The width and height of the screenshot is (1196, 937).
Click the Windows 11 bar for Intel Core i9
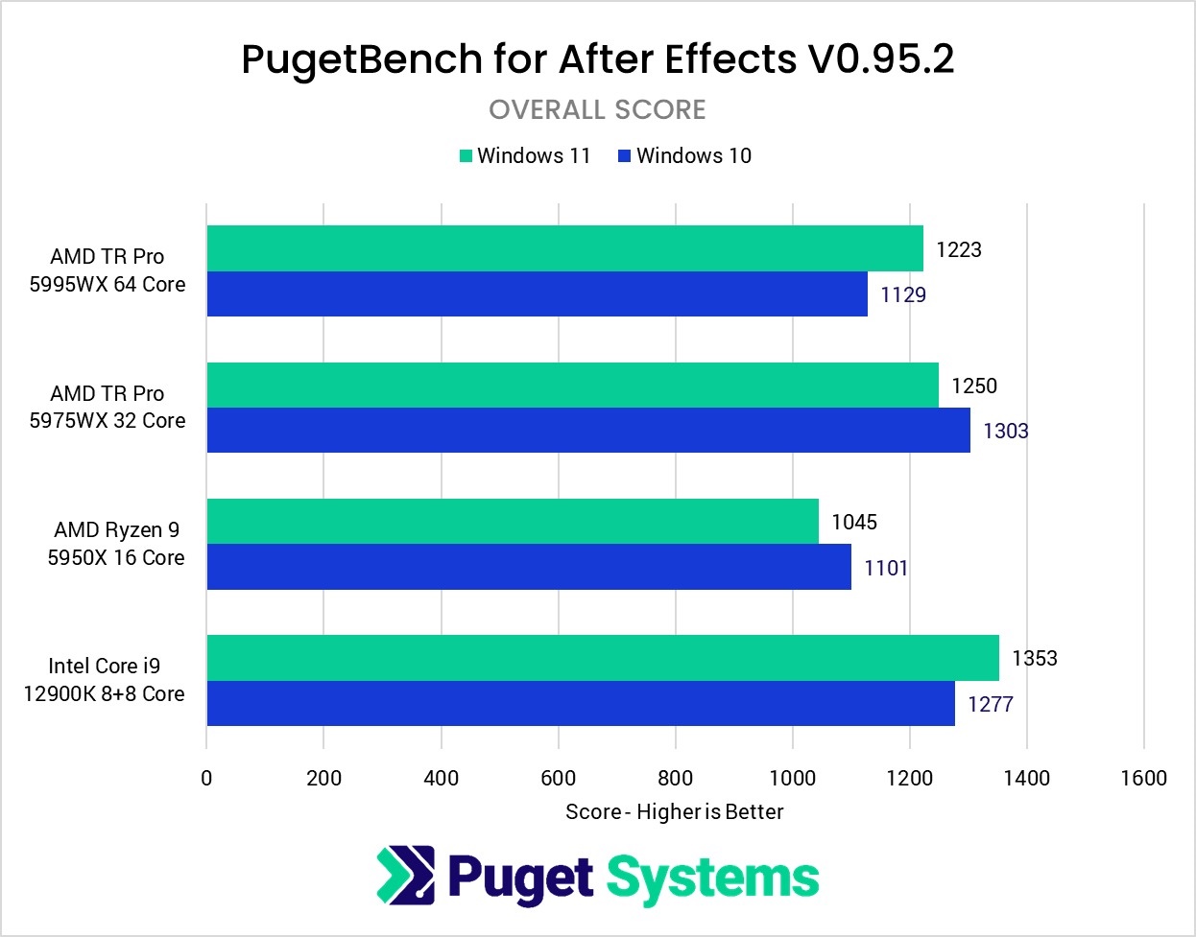(x=602, y=657)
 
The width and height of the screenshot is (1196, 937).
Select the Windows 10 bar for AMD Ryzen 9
(x=528, y=567)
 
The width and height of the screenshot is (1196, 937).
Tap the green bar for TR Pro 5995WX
(x=564, y=248)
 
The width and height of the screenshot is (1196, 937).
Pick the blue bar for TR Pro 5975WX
(x=587, y=430)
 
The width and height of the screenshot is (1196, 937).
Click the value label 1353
(x=1034, y=658)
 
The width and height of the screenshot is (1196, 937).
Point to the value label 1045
(x=853, y=522)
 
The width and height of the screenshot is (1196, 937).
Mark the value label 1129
(x=902, y=294)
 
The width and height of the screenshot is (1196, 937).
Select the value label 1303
(x=1005, y=431)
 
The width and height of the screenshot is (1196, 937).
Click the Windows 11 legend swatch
(x=466, y=156)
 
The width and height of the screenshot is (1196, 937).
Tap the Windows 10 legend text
(x=693, y=155)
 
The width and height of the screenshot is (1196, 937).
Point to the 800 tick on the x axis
(x=676, y=778)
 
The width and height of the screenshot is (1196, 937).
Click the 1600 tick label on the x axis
(x=1143, y=778)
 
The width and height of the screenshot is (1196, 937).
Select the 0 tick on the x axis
(x=206, y=778)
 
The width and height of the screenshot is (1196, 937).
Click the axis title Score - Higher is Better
(x=674, y=811)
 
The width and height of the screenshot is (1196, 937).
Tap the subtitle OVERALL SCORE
(x=597, y=109)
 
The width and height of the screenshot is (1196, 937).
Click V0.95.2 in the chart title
(x=880, y=59)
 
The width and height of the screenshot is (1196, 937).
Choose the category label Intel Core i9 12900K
(x=105, y=679)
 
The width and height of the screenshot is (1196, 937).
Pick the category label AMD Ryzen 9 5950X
(x=116, y=543)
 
